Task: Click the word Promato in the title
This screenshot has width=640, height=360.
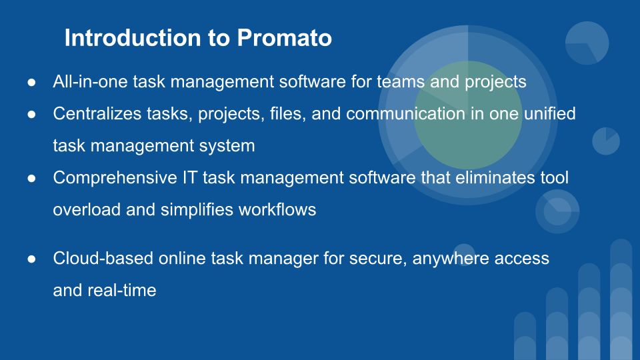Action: point(285,38)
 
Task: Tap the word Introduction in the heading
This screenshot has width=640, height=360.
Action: point(133,38)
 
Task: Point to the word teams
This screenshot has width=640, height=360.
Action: point(401,81)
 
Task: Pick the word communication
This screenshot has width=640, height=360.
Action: point(406,113)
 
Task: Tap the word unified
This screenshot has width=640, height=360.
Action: point(550,113)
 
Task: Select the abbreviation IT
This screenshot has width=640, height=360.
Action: point(189,177)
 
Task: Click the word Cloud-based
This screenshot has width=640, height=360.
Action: point(103,259)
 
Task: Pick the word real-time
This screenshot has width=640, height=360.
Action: point(122,291)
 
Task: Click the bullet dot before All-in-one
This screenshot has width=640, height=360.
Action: point(31,83)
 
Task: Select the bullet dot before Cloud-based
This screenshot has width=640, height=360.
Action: point(31,259)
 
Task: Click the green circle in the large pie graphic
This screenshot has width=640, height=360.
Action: point(468,115)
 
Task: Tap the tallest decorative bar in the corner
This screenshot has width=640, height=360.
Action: point(621,299)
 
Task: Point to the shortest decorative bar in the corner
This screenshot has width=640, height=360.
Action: point(525,336)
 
